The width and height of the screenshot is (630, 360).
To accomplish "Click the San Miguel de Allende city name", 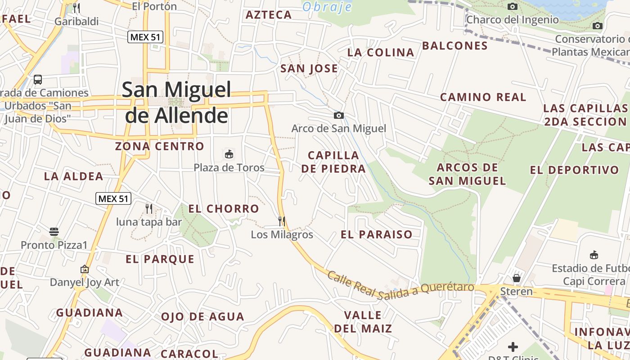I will [177, 103].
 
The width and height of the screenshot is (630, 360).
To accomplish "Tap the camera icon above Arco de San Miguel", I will [339, 116].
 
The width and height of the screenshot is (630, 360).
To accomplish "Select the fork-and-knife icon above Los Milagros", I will [282, 221].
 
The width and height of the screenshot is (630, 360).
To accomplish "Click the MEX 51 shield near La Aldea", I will [113, 198].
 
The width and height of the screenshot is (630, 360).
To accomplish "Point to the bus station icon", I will [38, 80].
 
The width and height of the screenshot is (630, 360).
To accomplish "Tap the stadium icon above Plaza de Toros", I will [229, 154].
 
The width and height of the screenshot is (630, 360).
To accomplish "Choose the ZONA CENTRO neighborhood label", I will [160, 146].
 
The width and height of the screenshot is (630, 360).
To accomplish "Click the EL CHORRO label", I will [224, 209].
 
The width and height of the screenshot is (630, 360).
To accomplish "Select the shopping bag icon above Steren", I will [517, 278].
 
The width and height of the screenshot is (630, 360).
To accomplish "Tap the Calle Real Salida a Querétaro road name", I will [400, 286].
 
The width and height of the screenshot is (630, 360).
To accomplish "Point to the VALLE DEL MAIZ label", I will [363, 322].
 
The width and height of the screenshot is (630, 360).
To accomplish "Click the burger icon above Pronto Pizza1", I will [54, 232].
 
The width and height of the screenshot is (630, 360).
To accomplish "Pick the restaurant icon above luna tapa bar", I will [149, 208].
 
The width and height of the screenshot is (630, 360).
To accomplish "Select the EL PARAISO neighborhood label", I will [377, 234].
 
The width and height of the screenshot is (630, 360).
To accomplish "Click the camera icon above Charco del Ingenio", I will [512, 7].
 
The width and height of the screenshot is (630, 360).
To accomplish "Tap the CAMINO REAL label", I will [483, 97].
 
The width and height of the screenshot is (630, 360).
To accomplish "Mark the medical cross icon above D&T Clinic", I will [513, 347].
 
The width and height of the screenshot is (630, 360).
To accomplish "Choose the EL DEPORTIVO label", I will [575, 170].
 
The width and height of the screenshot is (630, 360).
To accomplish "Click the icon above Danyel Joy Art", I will [85, 269].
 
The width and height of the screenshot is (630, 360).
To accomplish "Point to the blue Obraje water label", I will [327, 7].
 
